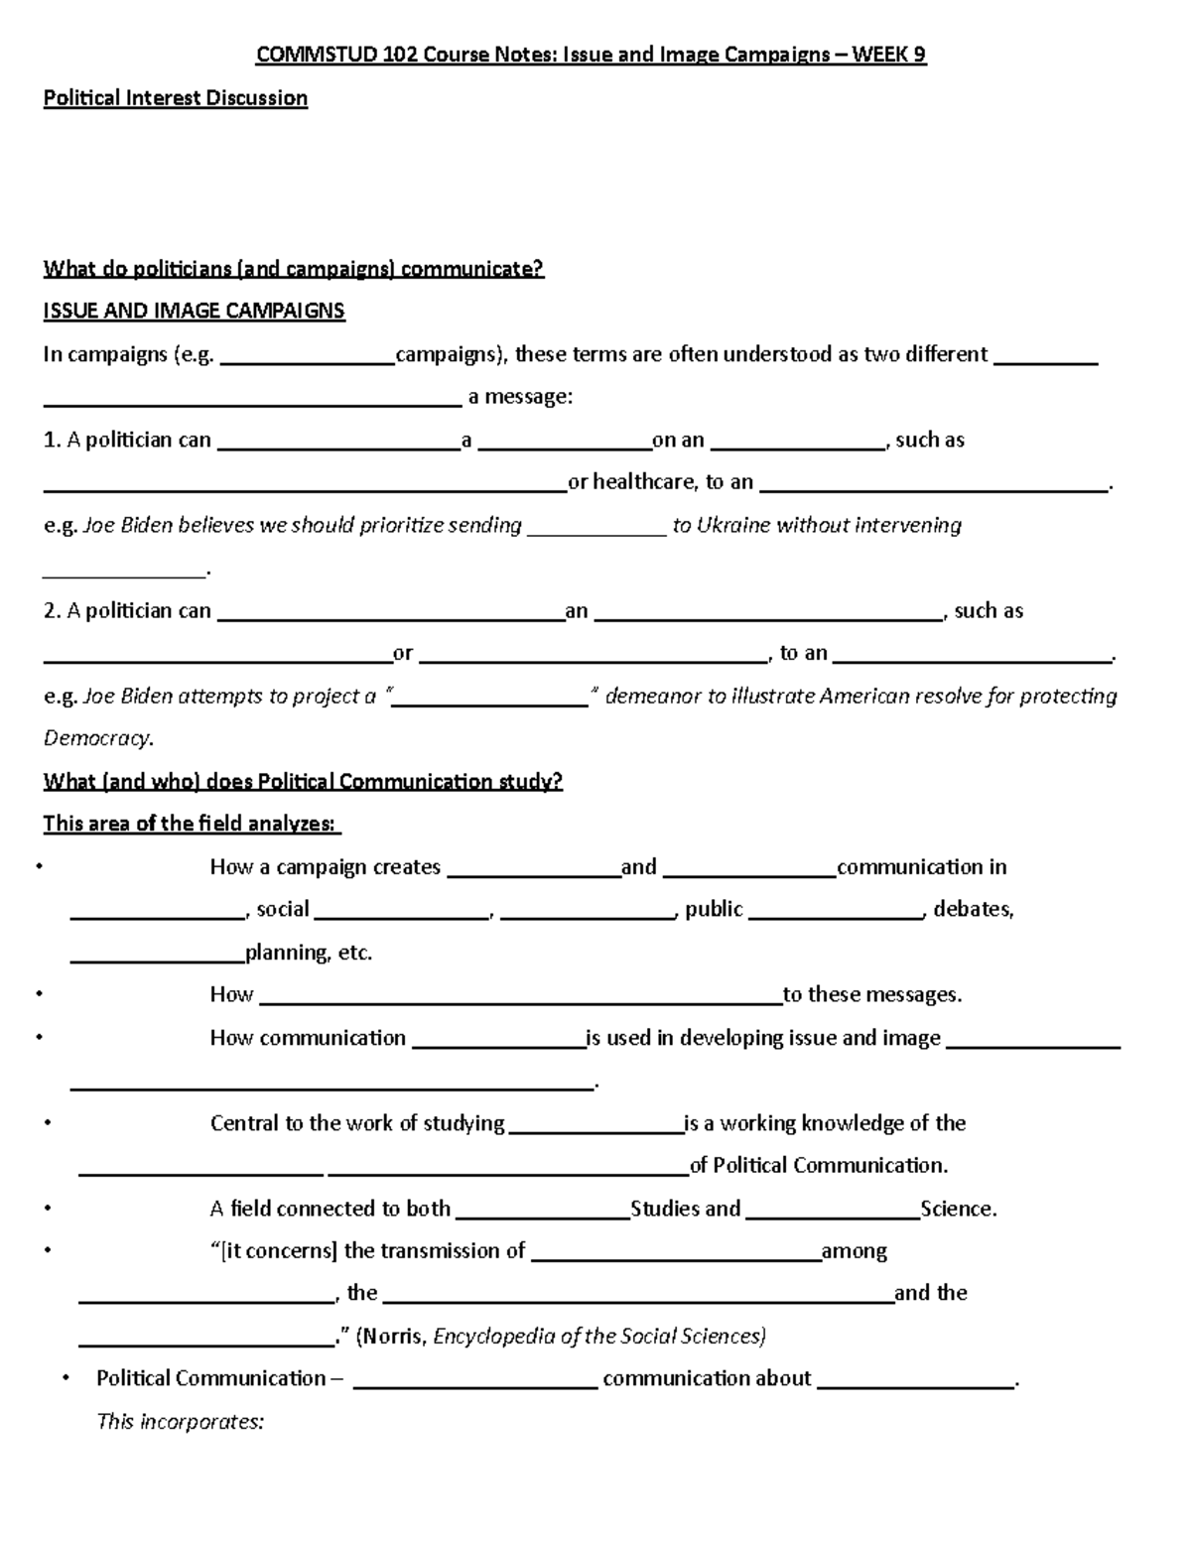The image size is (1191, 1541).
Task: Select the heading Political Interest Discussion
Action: pos(176,98)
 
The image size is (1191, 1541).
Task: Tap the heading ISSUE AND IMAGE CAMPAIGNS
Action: pos(194,311)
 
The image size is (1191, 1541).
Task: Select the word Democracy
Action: pos(97,739)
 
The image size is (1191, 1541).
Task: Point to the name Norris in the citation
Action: pos(395,1337)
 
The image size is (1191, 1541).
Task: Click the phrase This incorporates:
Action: pos(180,1422)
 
